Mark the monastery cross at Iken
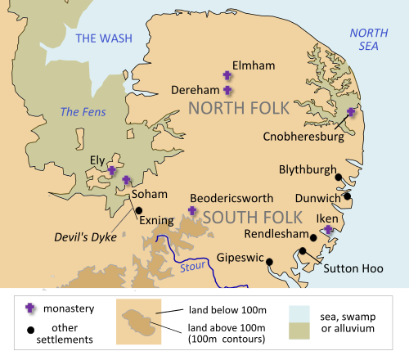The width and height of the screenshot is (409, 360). tap(327, 232)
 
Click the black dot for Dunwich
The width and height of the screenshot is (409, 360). tap(348, 196)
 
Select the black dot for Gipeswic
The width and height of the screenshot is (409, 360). tap(269, 262)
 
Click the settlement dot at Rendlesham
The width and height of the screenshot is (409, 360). tap(303, 251)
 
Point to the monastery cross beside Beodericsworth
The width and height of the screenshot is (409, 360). tap(192, 210)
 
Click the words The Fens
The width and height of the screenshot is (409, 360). tap(79, 112)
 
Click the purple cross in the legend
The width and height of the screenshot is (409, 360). tap(31, 308)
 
